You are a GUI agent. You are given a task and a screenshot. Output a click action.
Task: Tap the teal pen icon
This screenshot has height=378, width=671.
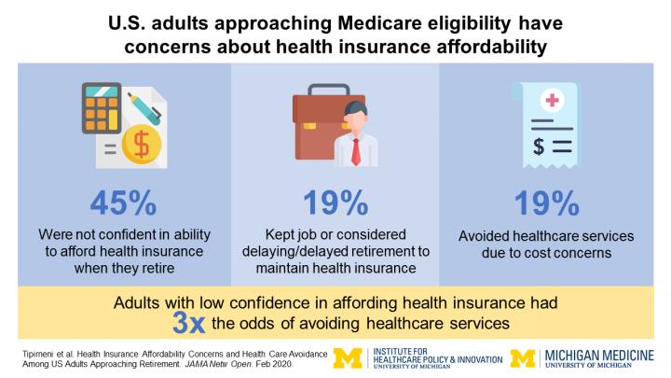coord(146,105)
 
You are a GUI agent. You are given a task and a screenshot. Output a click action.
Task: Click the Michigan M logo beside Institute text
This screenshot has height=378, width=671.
coord(349,356)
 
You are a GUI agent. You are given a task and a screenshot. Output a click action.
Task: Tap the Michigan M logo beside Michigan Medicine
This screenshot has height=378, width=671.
coord(523,357)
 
